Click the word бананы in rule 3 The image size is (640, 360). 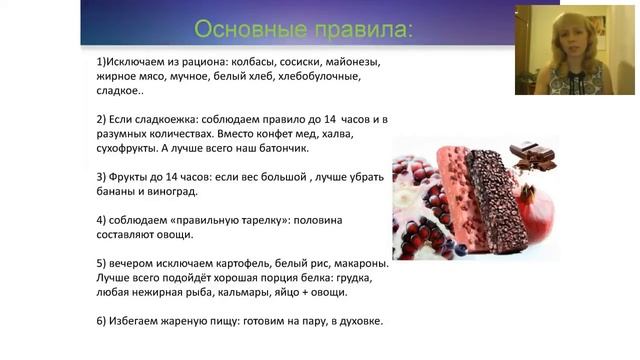pyautogui.click(x=112, y=191)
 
